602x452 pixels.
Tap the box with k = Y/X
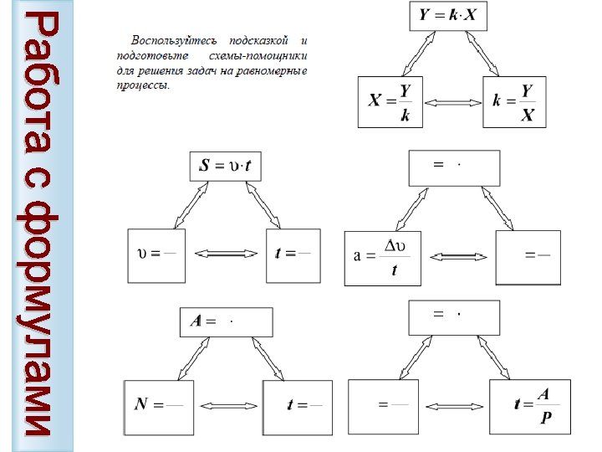[514, 102]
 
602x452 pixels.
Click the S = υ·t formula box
[226, 166]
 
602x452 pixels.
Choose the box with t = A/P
[531, 406]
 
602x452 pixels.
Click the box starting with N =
[159, 406]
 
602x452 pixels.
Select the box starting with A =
[227, 321]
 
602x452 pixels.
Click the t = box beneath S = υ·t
[292, 254]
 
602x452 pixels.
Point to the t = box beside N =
[297, 407]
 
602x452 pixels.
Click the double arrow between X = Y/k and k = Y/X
[452, 102]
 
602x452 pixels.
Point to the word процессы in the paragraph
[142, 85]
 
